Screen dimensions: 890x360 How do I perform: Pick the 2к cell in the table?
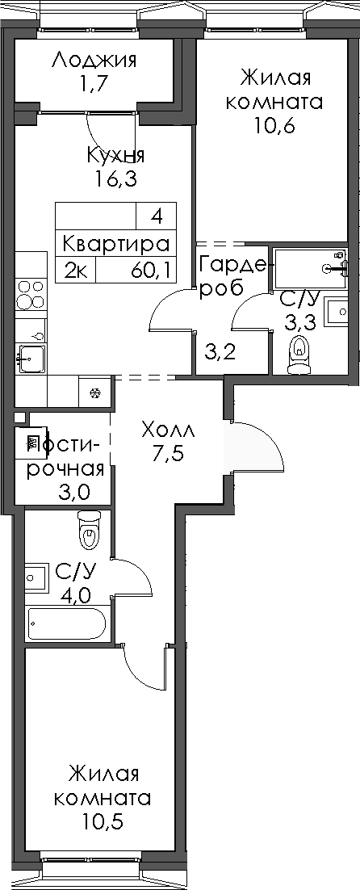point(76,270)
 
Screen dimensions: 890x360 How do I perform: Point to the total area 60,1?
point(151,270)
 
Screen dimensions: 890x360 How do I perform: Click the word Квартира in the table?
point(116,243)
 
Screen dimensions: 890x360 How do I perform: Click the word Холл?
point(167,428)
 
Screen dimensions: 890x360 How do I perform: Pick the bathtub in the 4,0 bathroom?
point(66,623)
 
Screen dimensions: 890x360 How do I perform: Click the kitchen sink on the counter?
point(31,356)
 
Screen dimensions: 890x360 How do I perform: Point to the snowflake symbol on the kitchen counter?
point(94,393)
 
